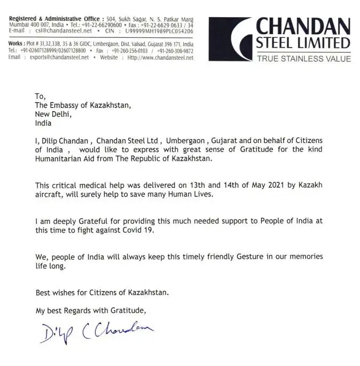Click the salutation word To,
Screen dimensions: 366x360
pyautogui.click(x=41, y=97)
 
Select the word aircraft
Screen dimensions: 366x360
pyautogui.click(x=50, y=194)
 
